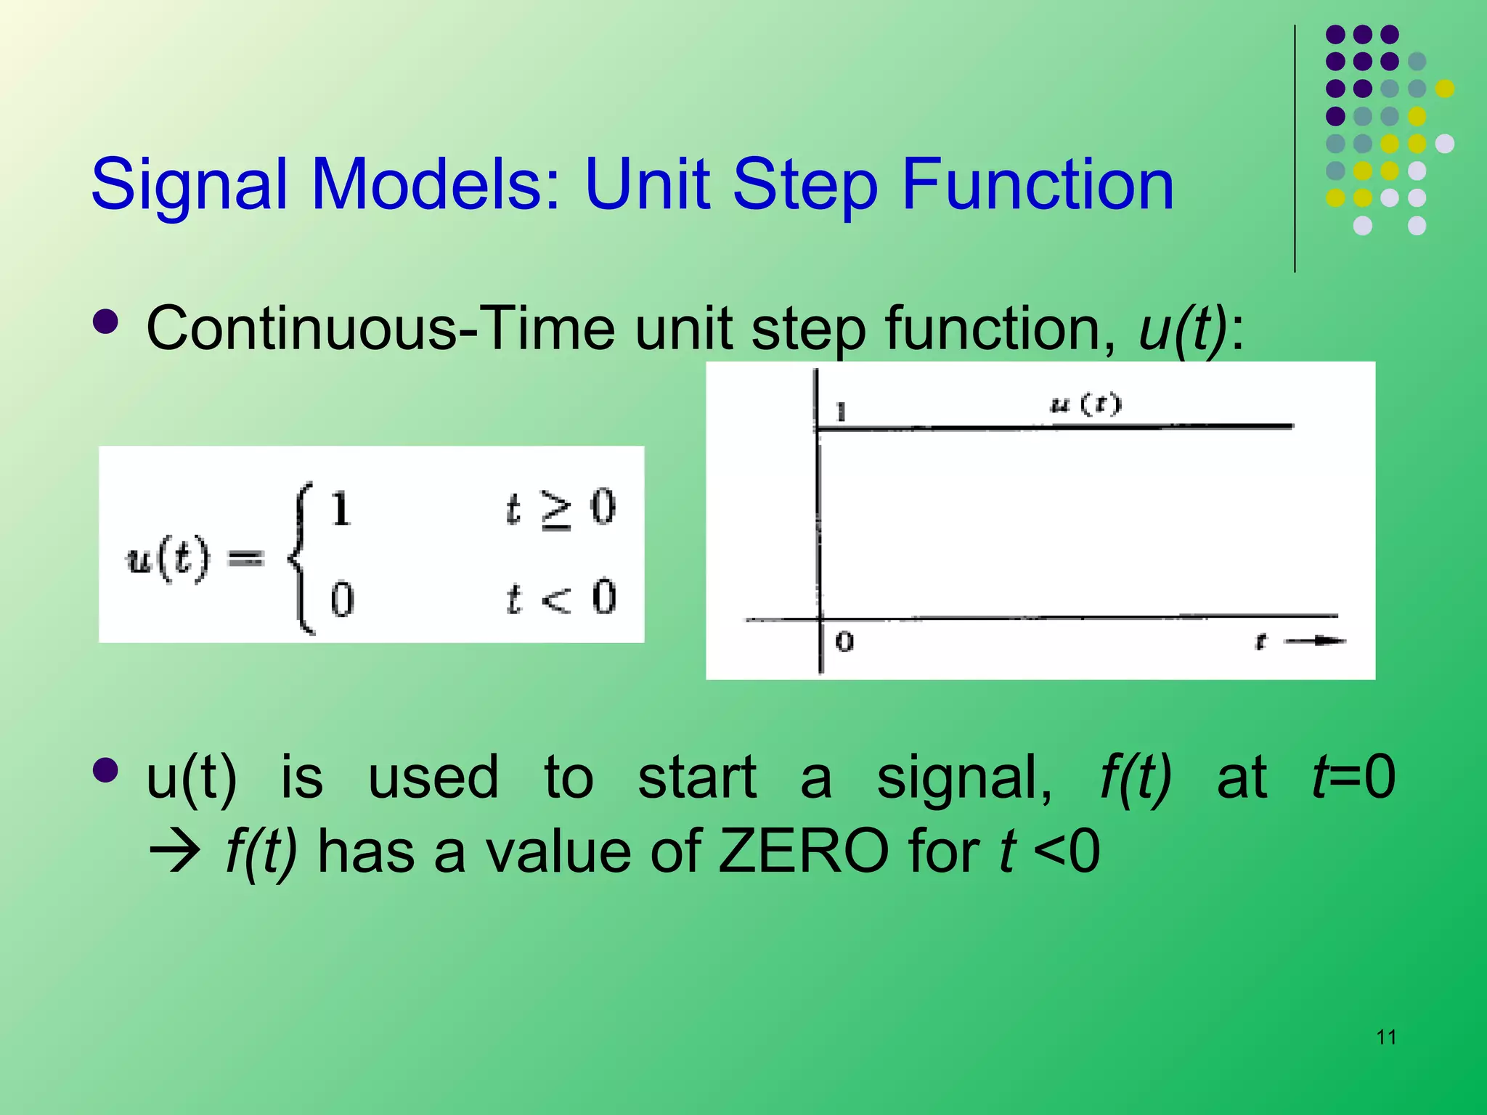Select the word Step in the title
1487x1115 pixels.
[806, 186]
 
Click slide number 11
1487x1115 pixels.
[1386, 1037]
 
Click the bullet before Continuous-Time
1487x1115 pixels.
[106, 322]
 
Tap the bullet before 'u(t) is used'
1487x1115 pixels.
[106, 771]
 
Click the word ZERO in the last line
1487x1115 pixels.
[802, 851]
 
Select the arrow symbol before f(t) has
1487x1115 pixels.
[174, 853]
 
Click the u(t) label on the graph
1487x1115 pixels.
[1085, 404]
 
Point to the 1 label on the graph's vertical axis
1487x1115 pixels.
[841, 412]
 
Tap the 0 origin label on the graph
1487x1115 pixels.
[844, 642]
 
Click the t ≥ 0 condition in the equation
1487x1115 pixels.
[560, 508]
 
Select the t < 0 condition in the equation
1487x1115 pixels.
[560, 598]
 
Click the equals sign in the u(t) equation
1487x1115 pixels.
[246, 557]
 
